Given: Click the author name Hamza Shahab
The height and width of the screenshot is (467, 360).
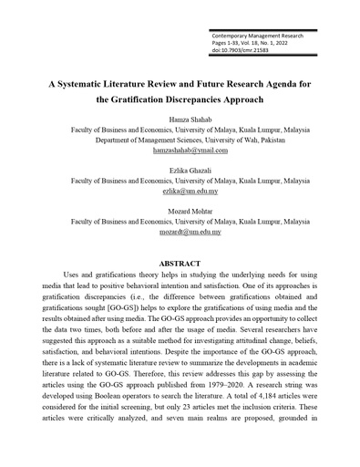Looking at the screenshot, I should [179, 119].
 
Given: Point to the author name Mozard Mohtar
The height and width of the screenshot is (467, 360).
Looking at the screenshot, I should [179, 211].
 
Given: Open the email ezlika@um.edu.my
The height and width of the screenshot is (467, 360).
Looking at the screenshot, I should [179, 192].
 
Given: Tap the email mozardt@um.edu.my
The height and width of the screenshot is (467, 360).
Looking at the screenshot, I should [179, 232].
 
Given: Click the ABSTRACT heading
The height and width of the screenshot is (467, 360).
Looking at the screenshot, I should [179, 262].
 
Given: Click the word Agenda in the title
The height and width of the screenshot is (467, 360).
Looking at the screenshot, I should [289, 81].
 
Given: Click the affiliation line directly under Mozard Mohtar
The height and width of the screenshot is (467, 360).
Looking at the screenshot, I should [179, 222].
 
